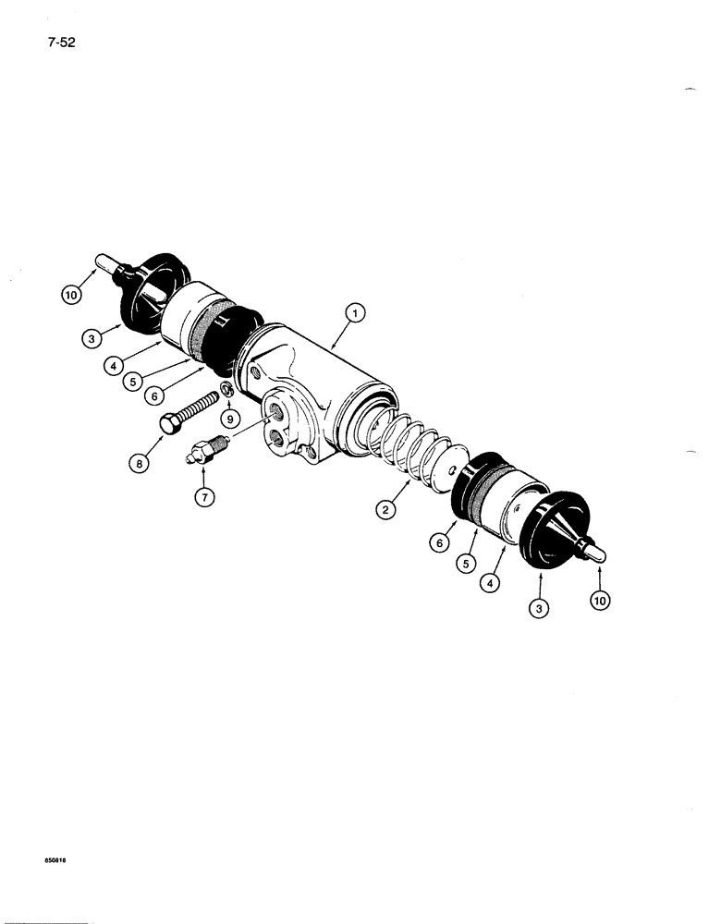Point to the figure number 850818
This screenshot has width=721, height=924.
pyautogui.click(x=56, y=857)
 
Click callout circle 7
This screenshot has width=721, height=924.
pyautogui.click(x=204, y=496)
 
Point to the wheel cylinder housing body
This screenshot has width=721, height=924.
pyautogui.click(x=305, y=379)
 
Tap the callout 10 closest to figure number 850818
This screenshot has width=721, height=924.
pyautogui.click(x=602, y=601)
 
